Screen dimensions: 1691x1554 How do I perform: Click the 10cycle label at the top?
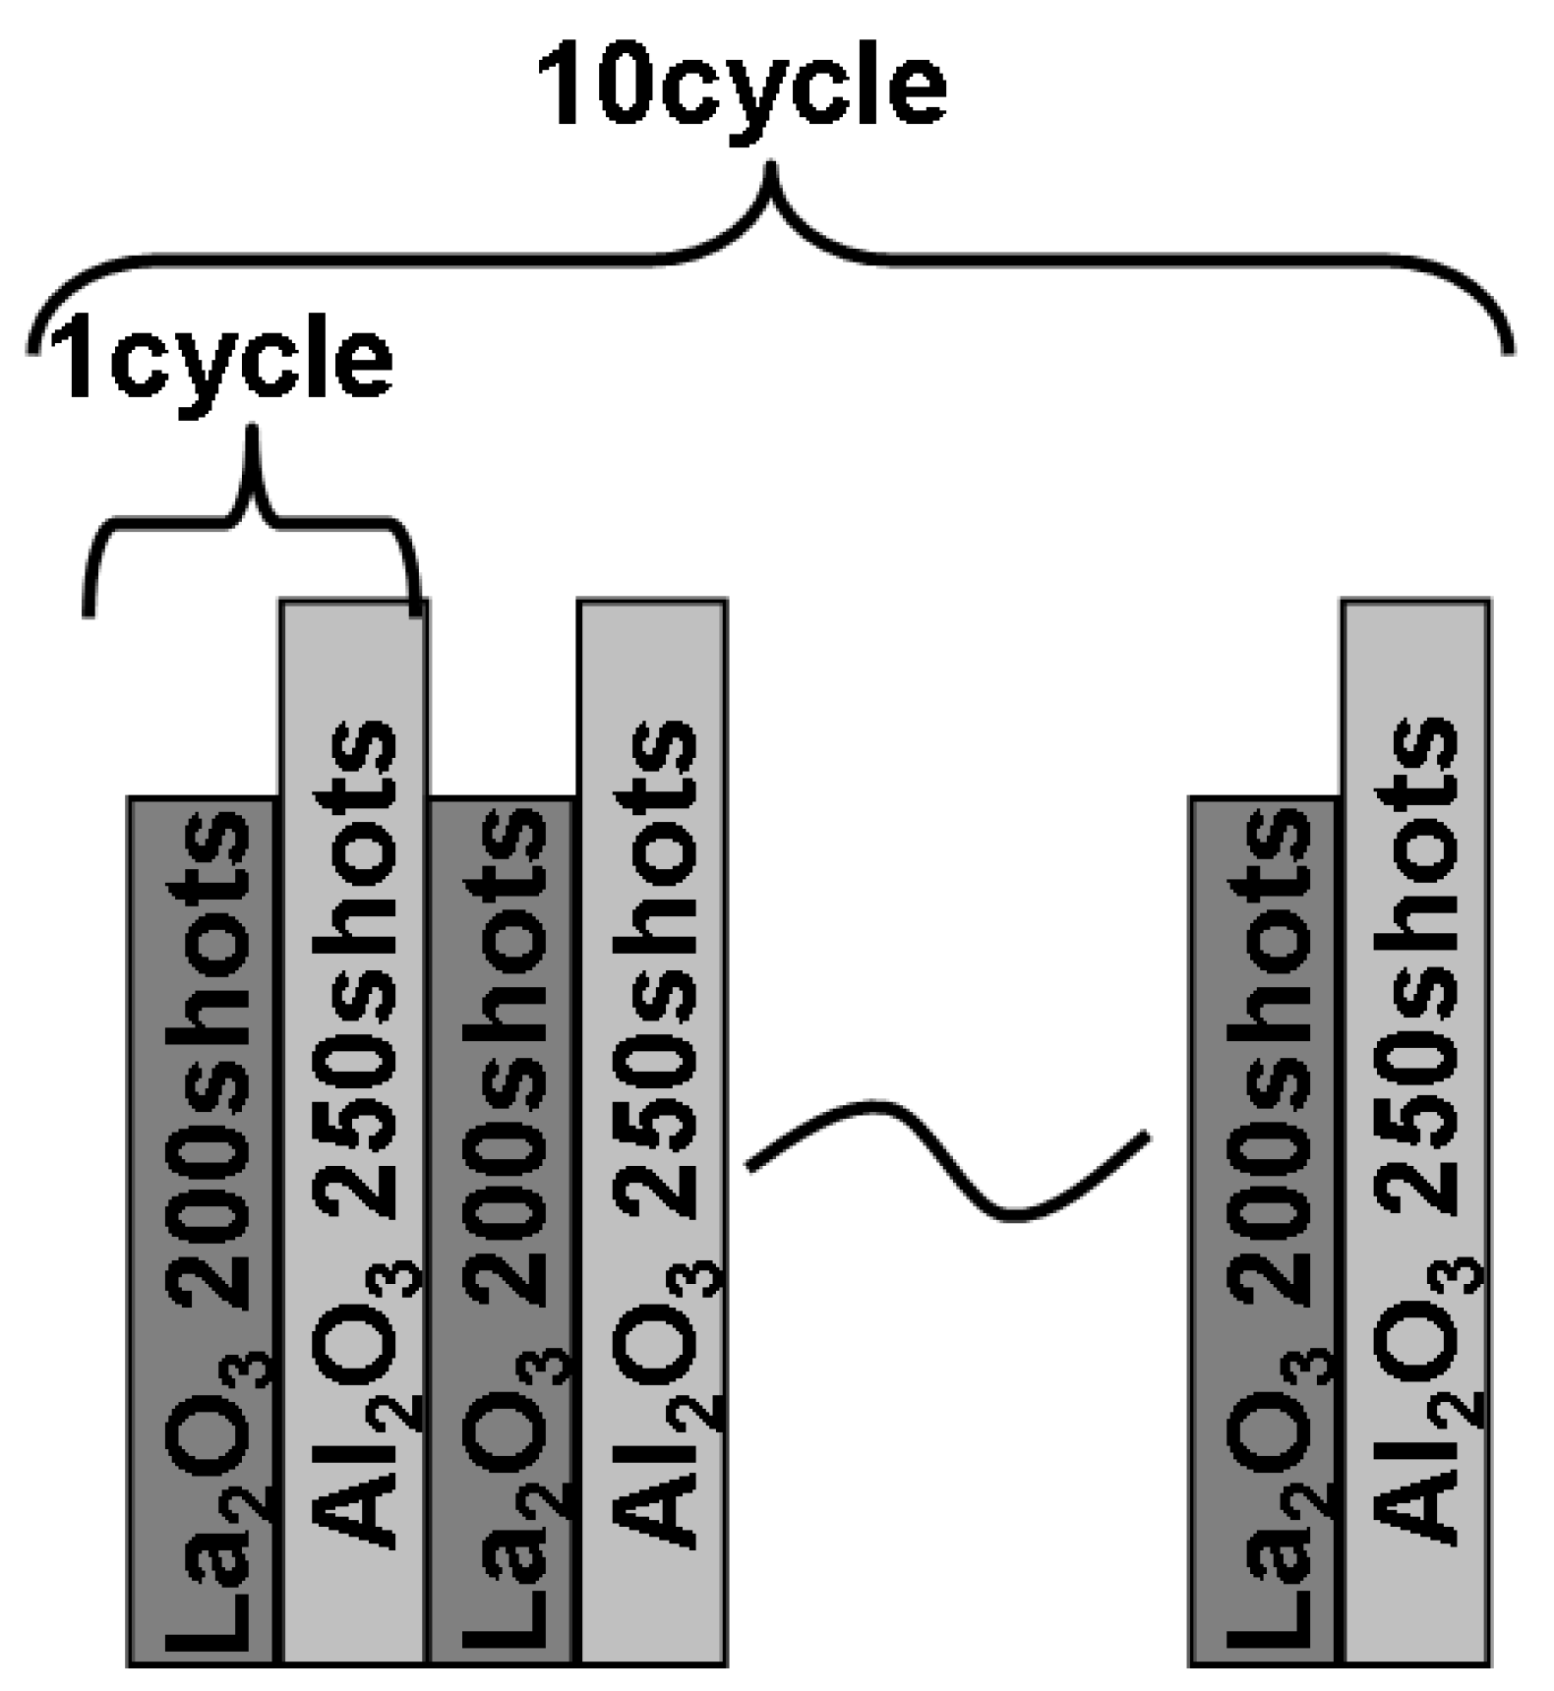[x=740, y=90]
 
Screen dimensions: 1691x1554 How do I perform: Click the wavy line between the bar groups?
[x=946, y=1160]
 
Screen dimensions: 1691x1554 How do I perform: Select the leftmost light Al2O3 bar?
[x=354, y=1131]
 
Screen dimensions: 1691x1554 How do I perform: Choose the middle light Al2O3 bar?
[x=653, y=1131]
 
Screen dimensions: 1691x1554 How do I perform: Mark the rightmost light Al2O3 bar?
[x=1416, y=1131]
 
